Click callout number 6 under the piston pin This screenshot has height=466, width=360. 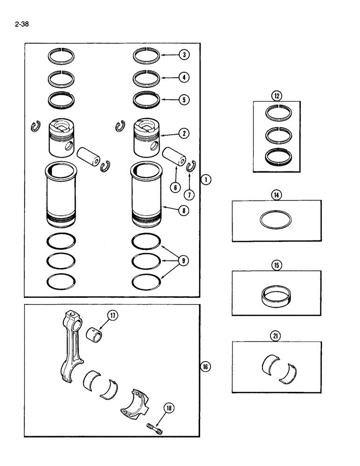coord(175,187)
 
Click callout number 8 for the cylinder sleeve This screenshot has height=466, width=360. coord(184,210)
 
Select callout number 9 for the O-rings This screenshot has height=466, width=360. coord(184,261)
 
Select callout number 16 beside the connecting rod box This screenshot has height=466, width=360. coord(206,367)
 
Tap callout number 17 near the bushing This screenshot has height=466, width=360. coord(113,316)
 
